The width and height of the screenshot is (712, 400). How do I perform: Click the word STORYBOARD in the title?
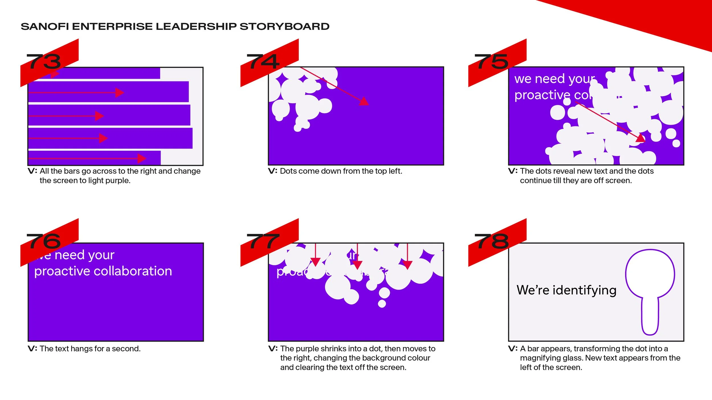pyautogui.click(x=284, y=26)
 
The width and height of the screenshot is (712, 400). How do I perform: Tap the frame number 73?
pyautogui.click(x=44, y=61)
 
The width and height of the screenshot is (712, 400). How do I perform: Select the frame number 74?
pyautogui.click(x=263, y=61)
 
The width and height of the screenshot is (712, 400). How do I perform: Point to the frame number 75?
pyautogui.click(x=492, y=61)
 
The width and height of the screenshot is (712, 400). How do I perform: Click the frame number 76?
pyautogui.click(x=44, y=241)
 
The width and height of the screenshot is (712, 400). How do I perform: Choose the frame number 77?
pyautogui.click(x=263, y=241)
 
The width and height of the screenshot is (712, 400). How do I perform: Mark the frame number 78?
pyautogui.click(x=492, y=241)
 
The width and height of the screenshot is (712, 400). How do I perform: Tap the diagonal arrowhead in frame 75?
pyautogui.click(x=640, y=138)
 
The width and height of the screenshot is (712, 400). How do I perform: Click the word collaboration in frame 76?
pyautogui.click(x=133, y=271)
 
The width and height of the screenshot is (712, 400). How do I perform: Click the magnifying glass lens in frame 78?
pyautogui.click(x=650, y=274)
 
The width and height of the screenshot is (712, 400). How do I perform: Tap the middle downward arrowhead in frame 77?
pyautogui.click(x=357, y=265)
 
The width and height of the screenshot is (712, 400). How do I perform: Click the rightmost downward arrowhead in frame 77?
pyautogui.click(x=408, y=265)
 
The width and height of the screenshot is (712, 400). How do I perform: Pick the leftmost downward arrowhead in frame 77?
pyautogui.click(x=315, y=262)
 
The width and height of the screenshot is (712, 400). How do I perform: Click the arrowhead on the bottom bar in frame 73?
pyautogui.click(x=142, y=158)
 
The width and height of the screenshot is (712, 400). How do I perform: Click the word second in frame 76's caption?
pyautogui.click(x=126, y=349)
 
